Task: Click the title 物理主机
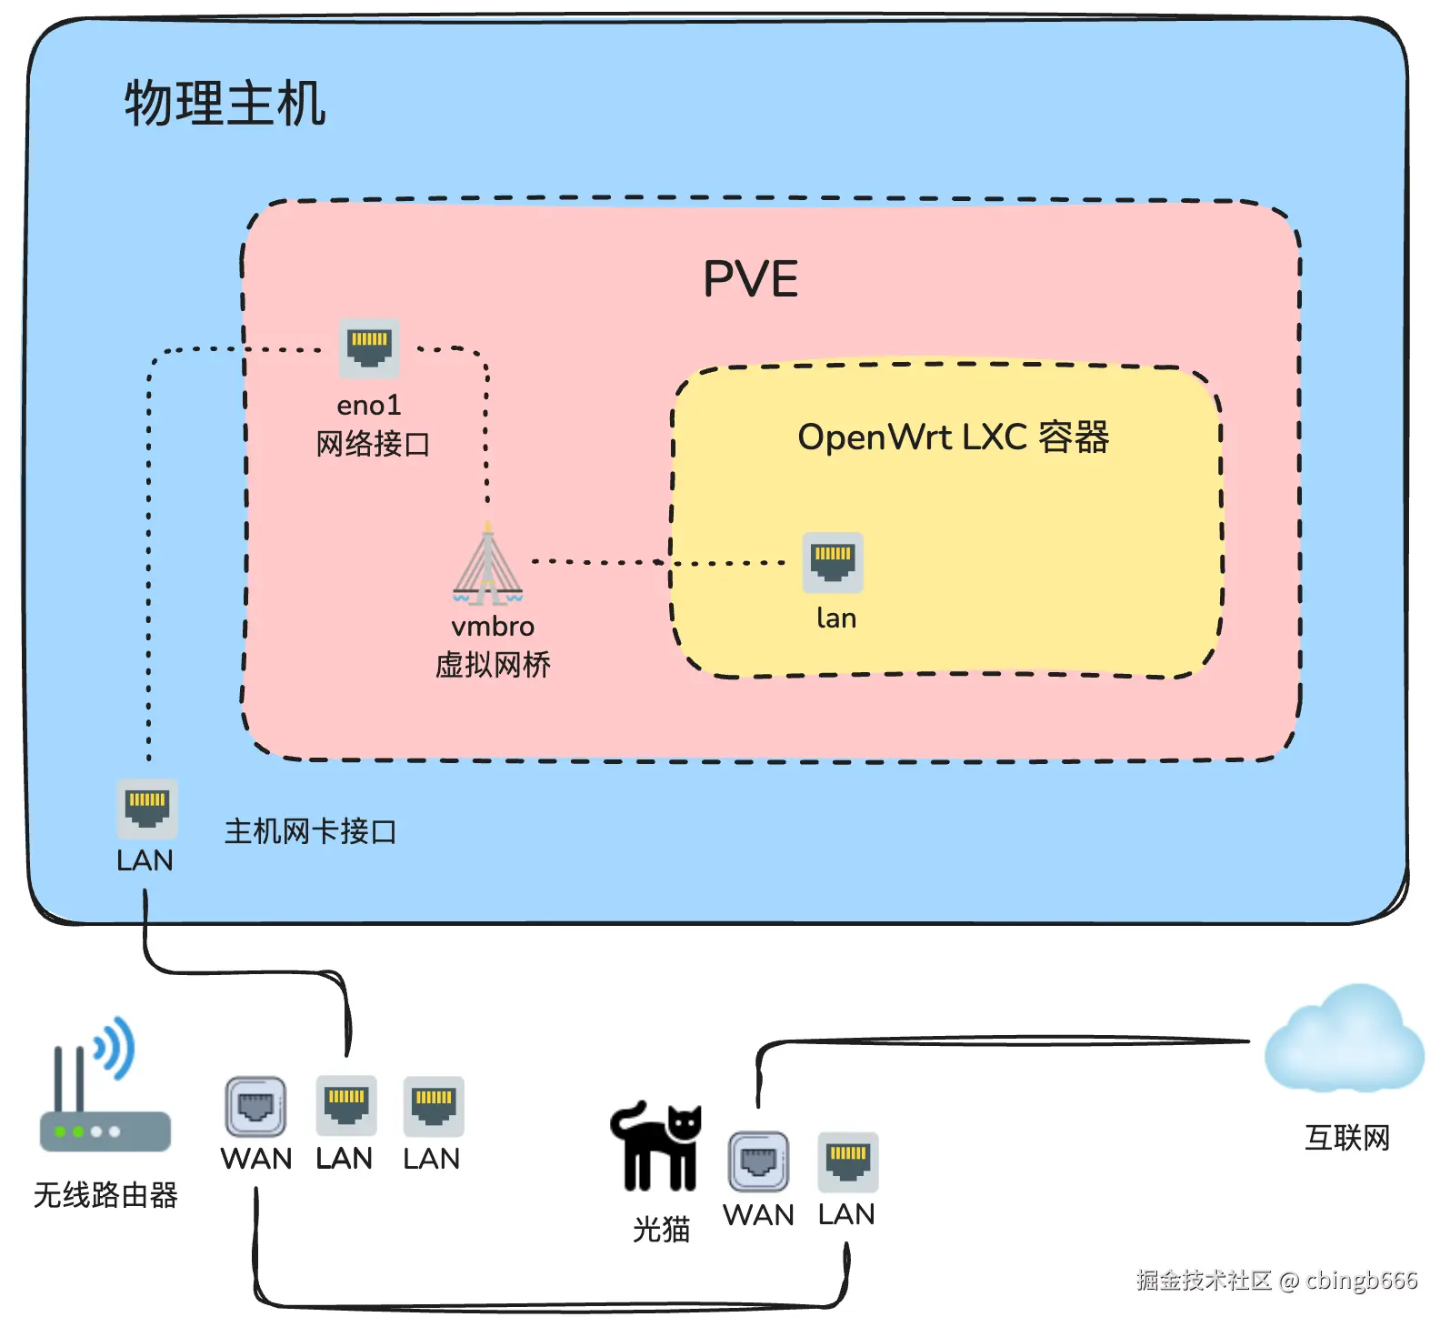click(x=225, y=103)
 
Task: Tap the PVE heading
click(x=750, y=279)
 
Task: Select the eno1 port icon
click(x=369, y=347)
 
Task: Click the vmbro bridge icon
click(x=488, y=567)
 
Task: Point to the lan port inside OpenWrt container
click(x=833, y=562)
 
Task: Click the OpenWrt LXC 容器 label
click(x=953, y=437)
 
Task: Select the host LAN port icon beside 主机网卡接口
click(x=147, y=809)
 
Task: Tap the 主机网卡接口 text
click(x=310, y=831)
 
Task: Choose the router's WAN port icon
click(x=255, y=1107)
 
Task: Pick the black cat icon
click(x=657, y=1146)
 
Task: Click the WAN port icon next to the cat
click(x=758, y=1161)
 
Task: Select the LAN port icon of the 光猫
click(x=847, y=1161)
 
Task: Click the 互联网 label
click(x=1347, y=1138)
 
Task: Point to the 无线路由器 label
click(x=105, y=1195)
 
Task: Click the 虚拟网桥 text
click(x=493, y=666)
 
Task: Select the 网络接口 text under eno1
click(x=373, y=445)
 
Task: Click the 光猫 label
click(x=661, y=1230)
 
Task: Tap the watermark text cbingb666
click(x=1361, y=1281)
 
